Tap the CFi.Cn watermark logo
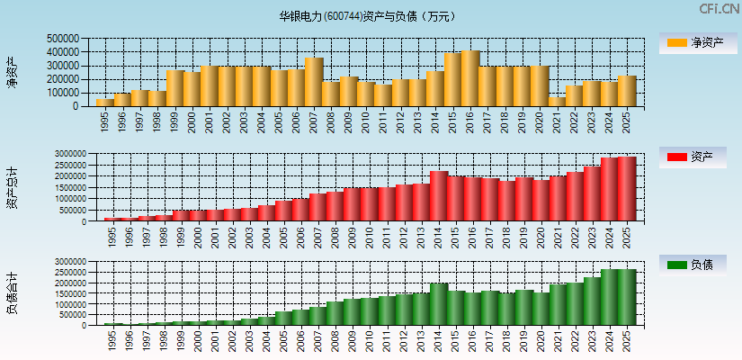pyautogui.click(x=720, y=9)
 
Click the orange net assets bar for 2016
pyautogui.click(x=470, y=78)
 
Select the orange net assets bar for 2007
pyautogui.click(x=314, y=82)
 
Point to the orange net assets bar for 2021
pyautogui.click(x=558, y=101)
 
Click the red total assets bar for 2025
pyautogui.click(x=627, y=189)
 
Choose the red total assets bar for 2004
pyautogui.click(x=266, y=213)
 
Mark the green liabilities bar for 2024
pyautogui.click(x=610, y=297)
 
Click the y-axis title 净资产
pyautogui.click(x=12, y=72)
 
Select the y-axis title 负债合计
pyautogui.click(x=12, y=292)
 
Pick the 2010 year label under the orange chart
pyautogui.click(x=366, y=121)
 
